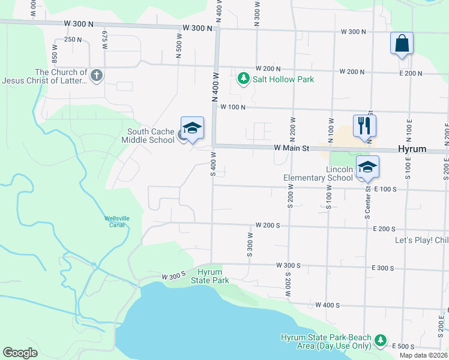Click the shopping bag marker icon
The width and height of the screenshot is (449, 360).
click(x=402, y=44)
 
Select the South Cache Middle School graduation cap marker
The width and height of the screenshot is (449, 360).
click(x=192, y=128)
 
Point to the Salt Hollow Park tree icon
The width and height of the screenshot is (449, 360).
click(x=243, y=79)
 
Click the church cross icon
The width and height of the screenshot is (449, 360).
click(x=97, y=76)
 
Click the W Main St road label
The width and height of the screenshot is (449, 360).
click(x=292, y=148)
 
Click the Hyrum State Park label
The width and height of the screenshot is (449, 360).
click(x=210, y=276)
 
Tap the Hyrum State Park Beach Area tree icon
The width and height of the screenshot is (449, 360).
click(x=381, y=341)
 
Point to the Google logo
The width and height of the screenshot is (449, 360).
click(x=20, y=353)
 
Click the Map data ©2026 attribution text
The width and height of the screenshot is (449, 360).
click(x=423, y=355)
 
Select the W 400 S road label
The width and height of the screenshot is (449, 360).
click(x=327, y=305)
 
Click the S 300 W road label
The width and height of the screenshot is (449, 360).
click(x=249, y=245)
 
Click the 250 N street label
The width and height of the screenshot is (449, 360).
click(x=72, y=40)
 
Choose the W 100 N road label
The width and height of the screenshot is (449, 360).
click(x=234, y=107)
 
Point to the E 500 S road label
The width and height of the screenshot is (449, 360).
click(x=402, y=347)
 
